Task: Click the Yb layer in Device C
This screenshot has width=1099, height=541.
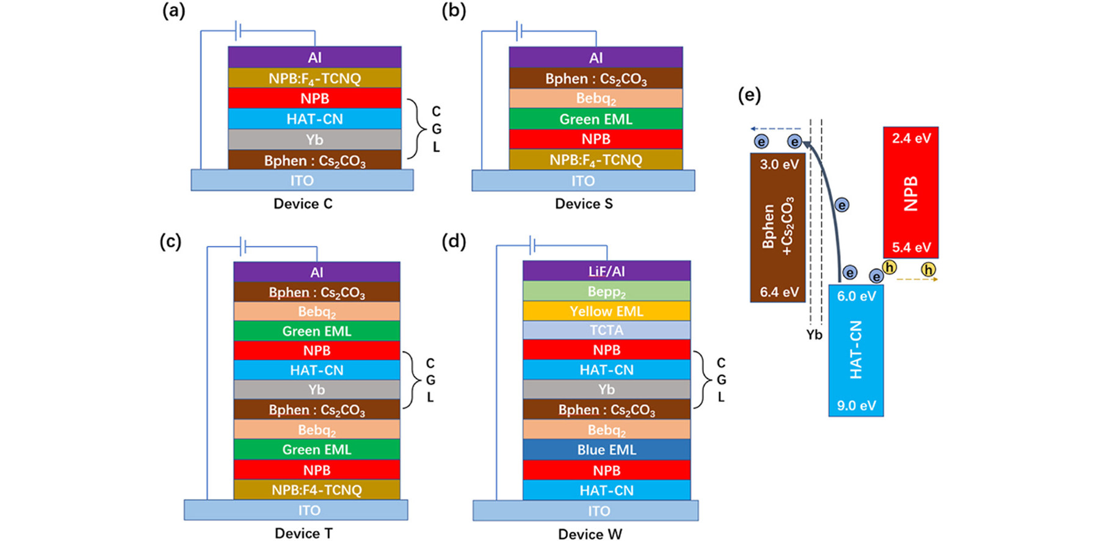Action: (314, 139)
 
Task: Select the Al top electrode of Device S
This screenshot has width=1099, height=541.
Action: (595, 57)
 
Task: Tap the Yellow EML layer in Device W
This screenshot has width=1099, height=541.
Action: (606, 311)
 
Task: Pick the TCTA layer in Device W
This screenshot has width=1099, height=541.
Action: (606, 330)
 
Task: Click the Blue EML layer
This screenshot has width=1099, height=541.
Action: (606, 449)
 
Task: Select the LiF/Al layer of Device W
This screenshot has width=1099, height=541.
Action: (606, 270)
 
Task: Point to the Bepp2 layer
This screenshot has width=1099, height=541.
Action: (606, 291)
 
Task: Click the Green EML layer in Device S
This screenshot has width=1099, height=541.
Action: (595, 119)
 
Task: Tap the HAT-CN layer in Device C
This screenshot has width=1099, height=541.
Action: (314, 118)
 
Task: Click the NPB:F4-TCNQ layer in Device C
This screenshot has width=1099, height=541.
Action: (314, 78)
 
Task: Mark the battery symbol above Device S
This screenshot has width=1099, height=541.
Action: (519, 30)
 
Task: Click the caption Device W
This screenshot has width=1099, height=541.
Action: (590, 534)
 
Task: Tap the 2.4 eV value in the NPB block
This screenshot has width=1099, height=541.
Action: (910, 138)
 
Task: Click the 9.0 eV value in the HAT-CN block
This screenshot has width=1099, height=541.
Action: (856, 405)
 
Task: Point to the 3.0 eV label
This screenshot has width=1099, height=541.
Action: (778, 164)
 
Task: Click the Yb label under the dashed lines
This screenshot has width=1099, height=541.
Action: (814, 335)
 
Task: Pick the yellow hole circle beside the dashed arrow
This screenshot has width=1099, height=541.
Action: (928, 269)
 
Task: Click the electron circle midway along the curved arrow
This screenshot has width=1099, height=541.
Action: (842, 205)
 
